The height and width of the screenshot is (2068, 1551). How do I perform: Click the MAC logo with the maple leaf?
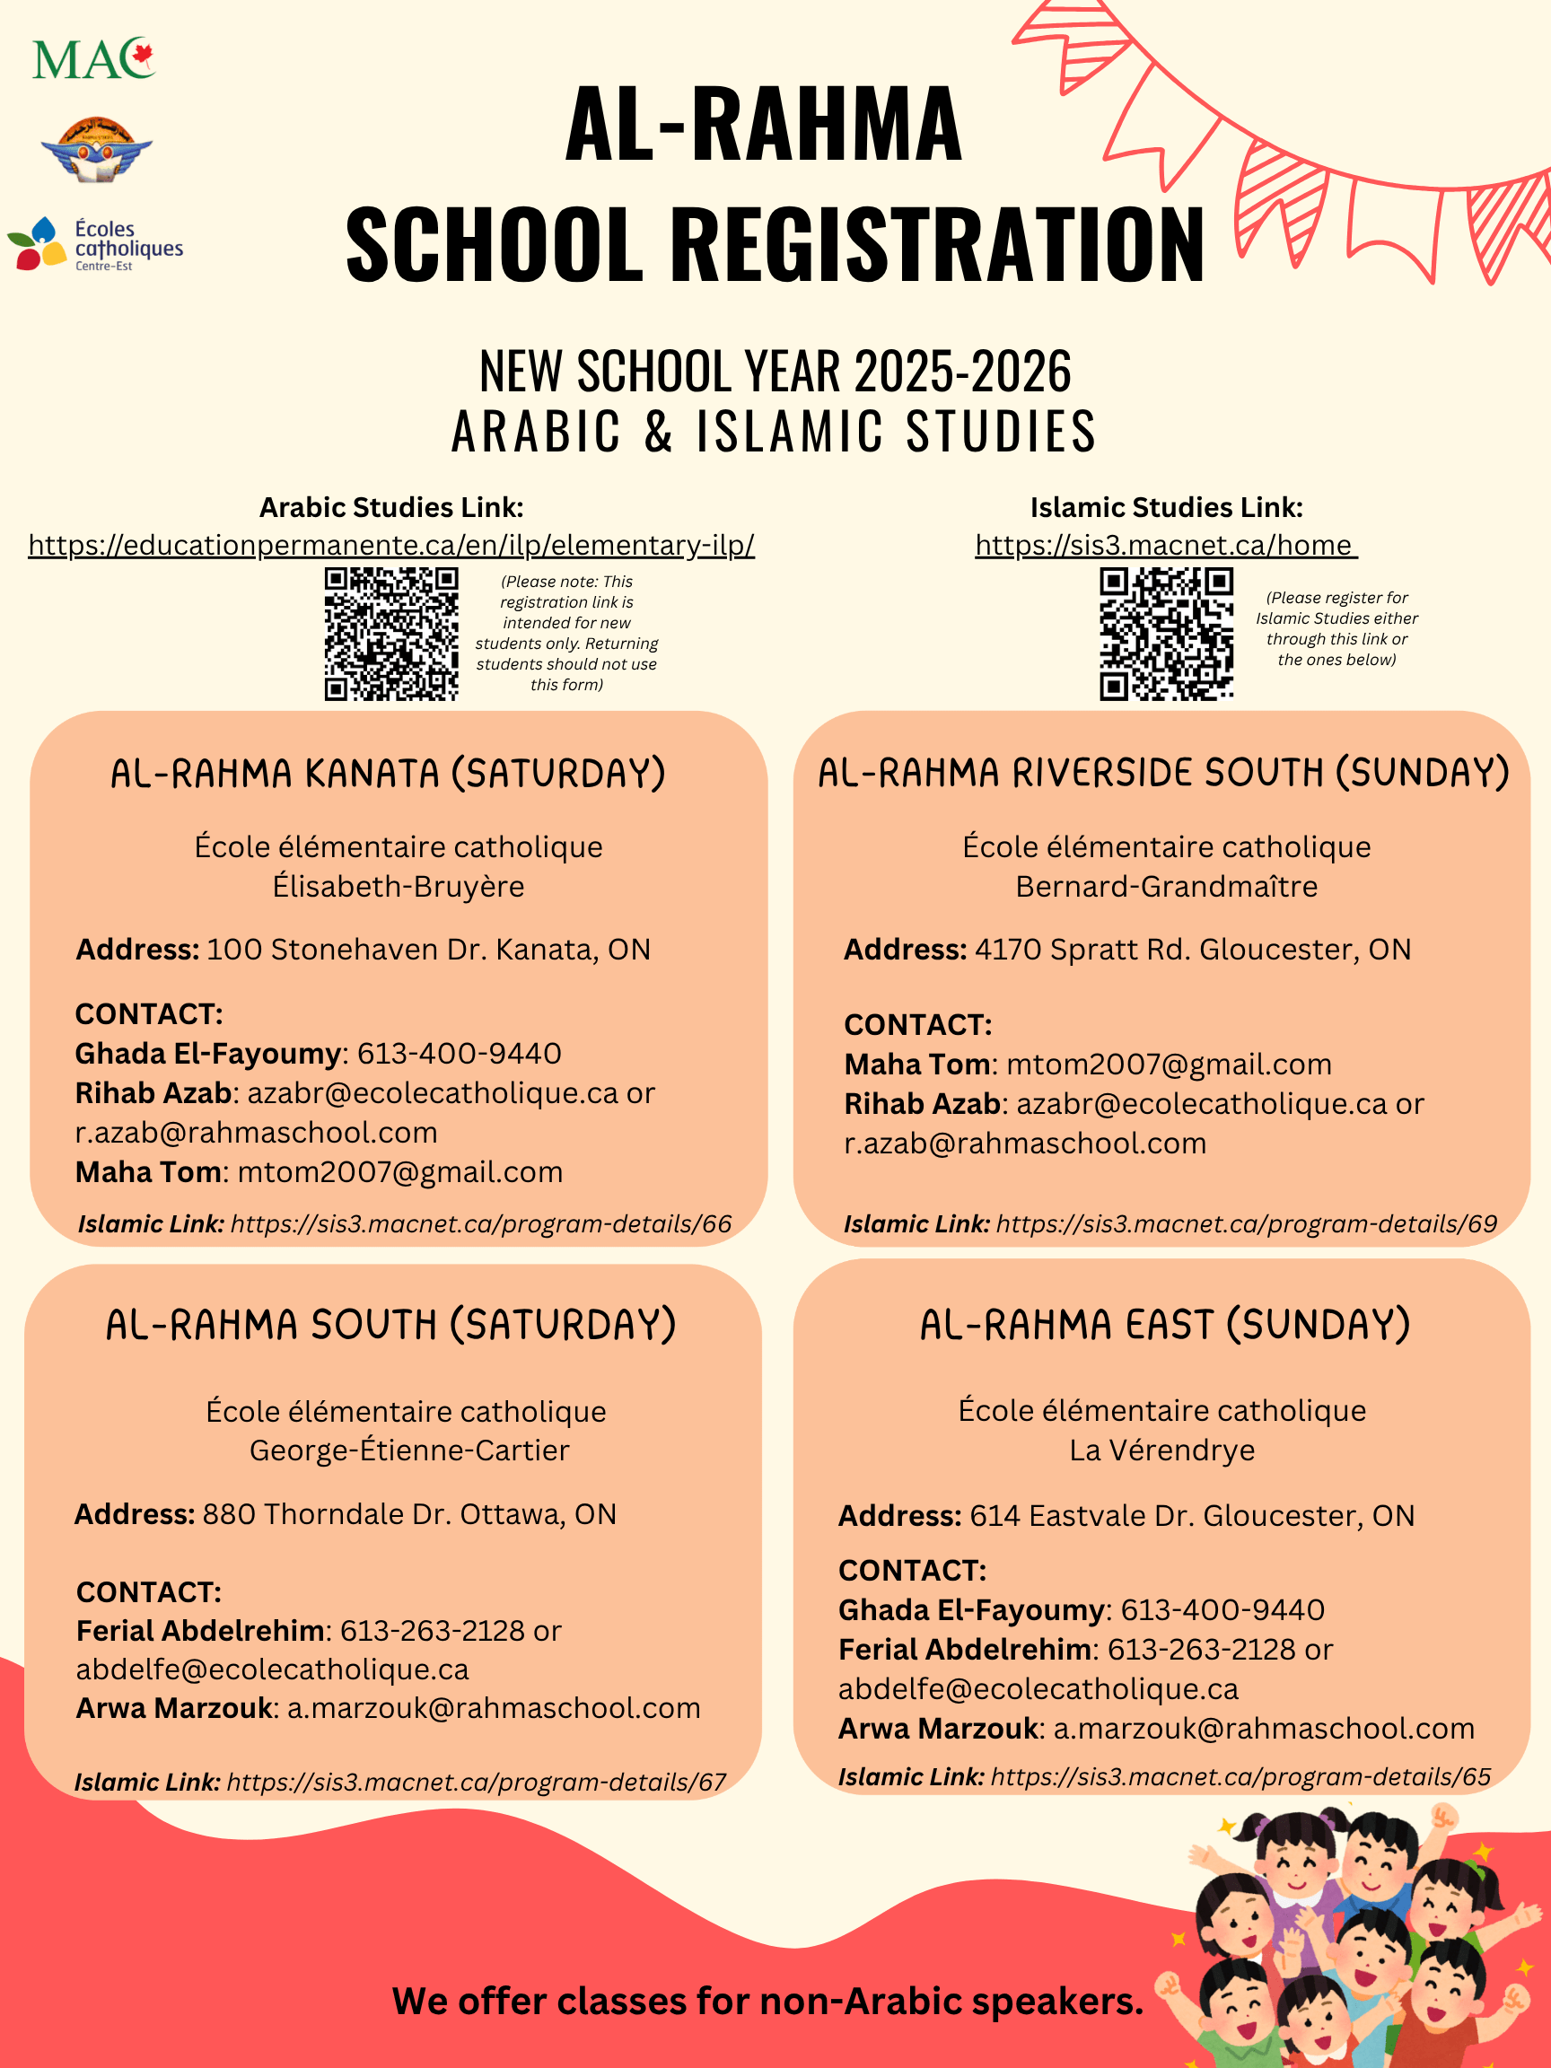pyautogui.click(x=93, y=59)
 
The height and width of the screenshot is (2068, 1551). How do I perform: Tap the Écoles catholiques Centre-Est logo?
pyautogui.click(x=95, y=245)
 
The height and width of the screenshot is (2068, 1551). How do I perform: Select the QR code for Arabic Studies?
pyautogui.click(x=390, y=634)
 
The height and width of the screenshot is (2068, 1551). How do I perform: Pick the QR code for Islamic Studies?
pyautogui.click(x=1166, y=634)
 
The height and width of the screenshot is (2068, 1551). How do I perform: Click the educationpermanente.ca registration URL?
pyautogui.click(x=390, y=545)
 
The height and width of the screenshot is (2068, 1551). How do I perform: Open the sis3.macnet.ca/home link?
pyautogui.click(x=1164, y=545)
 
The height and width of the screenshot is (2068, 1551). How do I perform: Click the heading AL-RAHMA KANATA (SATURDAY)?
pyautogui.click(x=388, y=774)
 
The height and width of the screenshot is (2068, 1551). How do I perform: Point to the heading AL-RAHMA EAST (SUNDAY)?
pyautogui.click(x=1165, y=1326)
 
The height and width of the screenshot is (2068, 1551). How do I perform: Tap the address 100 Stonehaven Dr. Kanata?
pyautogui.click(x=427, y=950)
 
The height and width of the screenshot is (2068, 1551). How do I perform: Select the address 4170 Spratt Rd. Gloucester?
pyautogui.click(x=1192, y=950)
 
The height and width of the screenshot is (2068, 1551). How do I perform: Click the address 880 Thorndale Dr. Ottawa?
pyautogui.click(x=408, y=1514)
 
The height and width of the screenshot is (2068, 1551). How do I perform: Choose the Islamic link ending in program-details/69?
pyautogui.click(x=1245, y=1223)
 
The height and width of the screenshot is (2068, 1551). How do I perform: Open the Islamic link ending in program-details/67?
pyautogui.click(x=476, y=1782)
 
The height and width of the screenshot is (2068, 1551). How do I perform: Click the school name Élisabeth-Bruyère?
pyautogui.click(x=399, y=886)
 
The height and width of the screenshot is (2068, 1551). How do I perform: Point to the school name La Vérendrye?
pyautogui.click(x=1162, y=1450)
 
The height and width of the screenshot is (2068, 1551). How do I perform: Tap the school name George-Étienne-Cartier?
pyautogui.click(x=408, y=1450)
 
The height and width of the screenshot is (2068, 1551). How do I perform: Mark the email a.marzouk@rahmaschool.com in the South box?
pyautogui.click(x=494, y=1708)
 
